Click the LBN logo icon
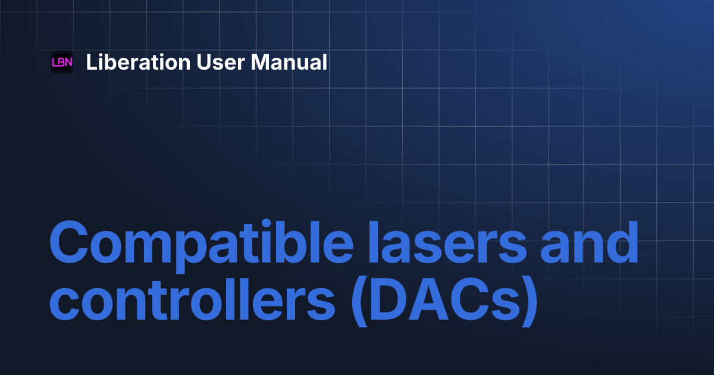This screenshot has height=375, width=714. click(x=62, y=62)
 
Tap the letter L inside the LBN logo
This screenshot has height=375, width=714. click(x=55, y=62)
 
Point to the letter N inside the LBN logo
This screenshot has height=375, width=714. click(x=68, y=62)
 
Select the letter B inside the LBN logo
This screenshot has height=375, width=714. click(x=62, y=62)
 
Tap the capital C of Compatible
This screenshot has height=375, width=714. click(x=68, y=244)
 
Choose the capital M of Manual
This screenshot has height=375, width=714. click(x=259, y=62)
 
